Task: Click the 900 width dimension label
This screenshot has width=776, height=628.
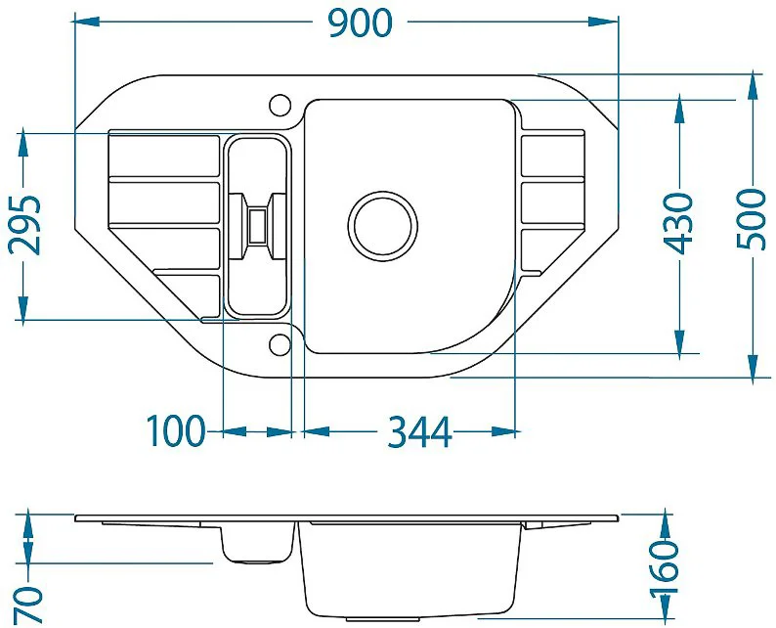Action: [x=361, y=22]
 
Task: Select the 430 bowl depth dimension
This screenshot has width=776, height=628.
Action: [x=678, y=223]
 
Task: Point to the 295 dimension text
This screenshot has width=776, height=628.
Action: [x=24, y=224]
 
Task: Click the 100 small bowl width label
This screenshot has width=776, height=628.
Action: [x=176, y=430]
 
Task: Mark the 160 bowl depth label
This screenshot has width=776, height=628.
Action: [x=663, y=567]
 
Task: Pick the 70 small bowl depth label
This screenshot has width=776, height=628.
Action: [x=28, y=605]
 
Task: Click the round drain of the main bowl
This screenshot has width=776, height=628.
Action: [x=382, y=226]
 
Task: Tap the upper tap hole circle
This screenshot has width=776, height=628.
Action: [x=280, y=105]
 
